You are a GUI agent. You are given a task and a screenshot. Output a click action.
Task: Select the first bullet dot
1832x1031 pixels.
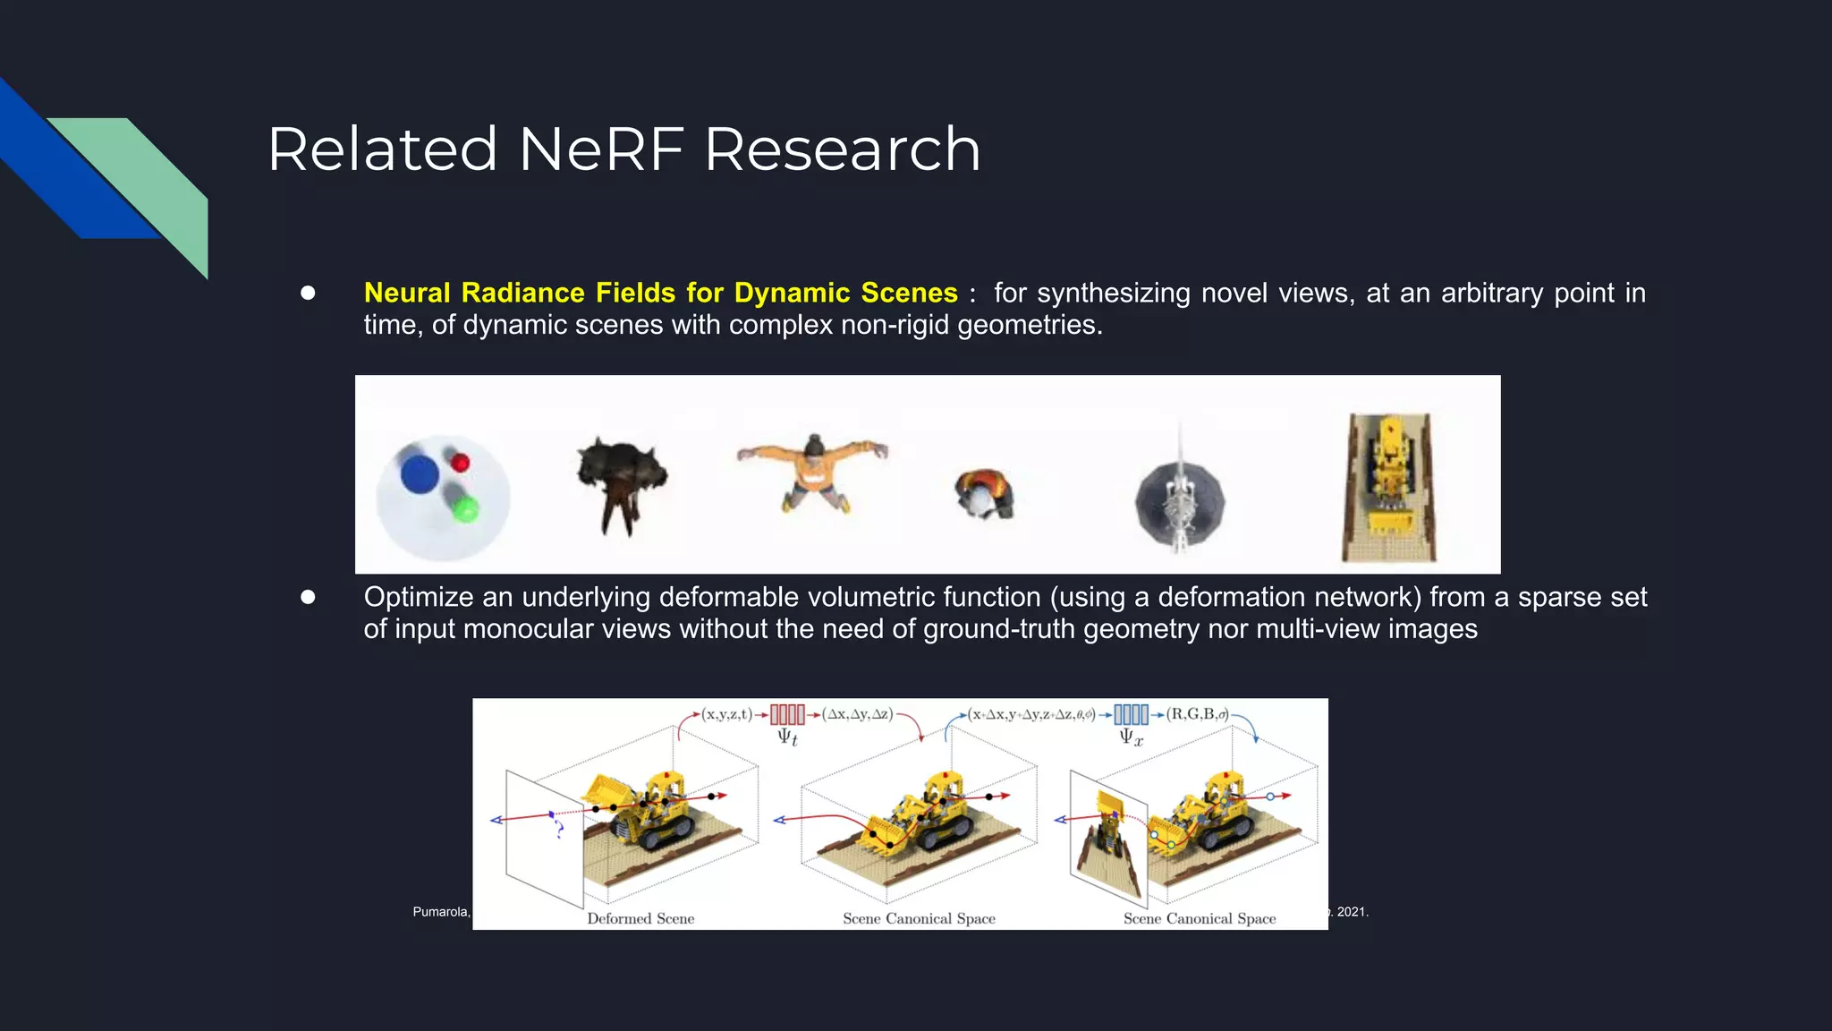coord(308,293)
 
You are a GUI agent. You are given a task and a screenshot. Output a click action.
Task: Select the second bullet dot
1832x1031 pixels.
coord(308,597)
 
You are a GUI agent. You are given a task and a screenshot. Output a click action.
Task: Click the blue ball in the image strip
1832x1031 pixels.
coord(419,473)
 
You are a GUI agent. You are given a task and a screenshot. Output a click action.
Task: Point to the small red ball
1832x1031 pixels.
coord(461,463)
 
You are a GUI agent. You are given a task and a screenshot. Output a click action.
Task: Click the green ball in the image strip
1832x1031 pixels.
coord(465,510)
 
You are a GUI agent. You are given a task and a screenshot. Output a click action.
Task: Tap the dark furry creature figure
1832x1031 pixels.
coord(622,483)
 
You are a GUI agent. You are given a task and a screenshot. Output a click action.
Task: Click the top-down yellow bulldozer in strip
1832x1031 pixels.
coord(1389,488)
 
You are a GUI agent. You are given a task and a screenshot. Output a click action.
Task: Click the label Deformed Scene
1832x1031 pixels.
coord(640,918)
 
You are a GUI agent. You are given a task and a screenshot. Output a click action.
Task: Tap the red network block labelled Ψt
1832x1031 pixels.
coord(787,715)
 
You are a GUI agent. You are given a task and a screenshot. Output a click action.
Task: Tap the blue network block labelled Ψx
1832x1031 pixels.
coord(1131,715)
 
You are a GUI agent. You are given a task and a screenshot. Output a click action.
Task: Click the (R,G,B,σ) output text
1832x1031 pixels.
coord(1197,714)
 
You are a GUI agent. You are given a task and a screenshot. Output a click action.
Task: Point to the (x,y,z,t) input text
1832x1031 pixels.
coord(726,714)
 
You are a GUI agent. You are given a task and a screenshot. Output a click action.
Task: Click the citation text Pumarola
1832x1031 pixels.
coord(440,912)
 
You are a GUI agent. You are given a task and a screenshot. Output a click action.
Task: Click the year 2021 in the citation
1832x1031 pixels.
coord(1352,912)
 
